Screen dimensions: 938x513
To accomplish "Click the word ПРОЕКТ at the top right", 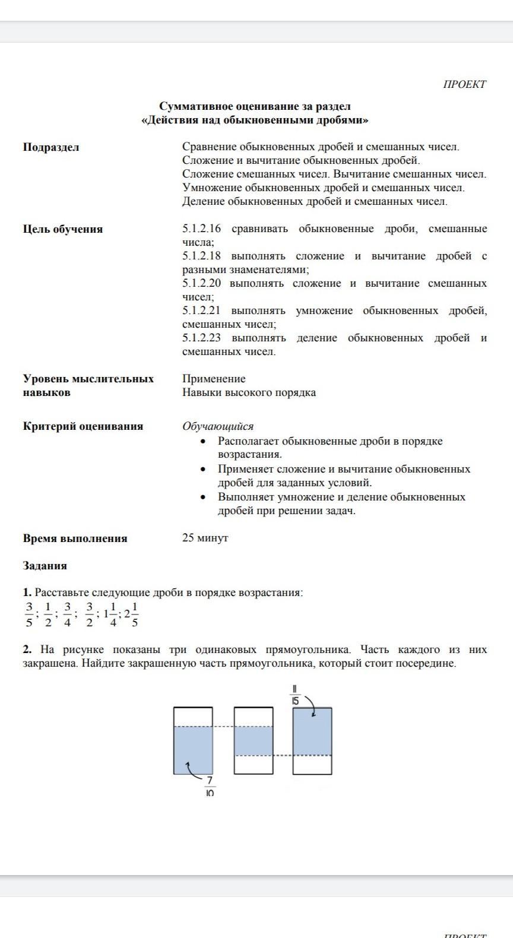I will point(464,84).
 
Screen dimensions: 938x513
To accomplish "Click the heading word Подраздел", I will point(51,147).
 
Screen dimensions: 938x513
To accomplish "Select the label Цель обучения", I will point(63,229).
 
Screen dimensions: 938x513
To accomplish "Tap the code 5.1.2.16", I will point(201,229).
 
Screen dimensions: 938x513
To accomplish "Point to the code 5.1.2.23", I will point(201,338).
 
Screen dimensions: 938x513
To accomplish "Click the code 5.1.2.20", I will point(201,284).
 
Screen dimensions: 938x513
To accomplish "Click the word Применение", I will point(214,379).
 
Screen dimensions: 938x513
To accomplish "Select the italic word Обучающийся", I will point(218,426).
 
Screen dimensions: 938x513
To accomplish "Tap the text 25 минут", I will point(205,538).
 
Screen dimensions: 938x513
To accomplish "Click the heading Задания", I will point(45,566).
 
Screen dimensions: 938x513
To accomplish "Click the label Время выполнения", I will point(75,538).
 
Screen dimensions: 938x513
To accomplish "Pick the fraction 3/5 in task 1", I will point(28,614).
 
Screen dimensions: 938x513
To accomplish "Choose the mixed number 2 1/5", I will point(131,614).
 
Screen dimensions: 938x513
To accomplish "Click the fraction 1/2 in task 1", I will point(48,614).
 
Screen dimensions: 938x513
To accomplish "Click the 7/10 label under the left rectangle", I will point(210,787).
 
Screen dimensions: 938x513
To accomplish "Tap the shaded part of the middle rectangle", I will point(254,740).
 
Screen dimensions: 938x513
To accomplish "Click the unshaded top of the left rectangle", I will point(193,717).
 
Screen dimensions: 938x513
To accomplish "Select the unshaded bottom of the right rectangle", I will point(312,765).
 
